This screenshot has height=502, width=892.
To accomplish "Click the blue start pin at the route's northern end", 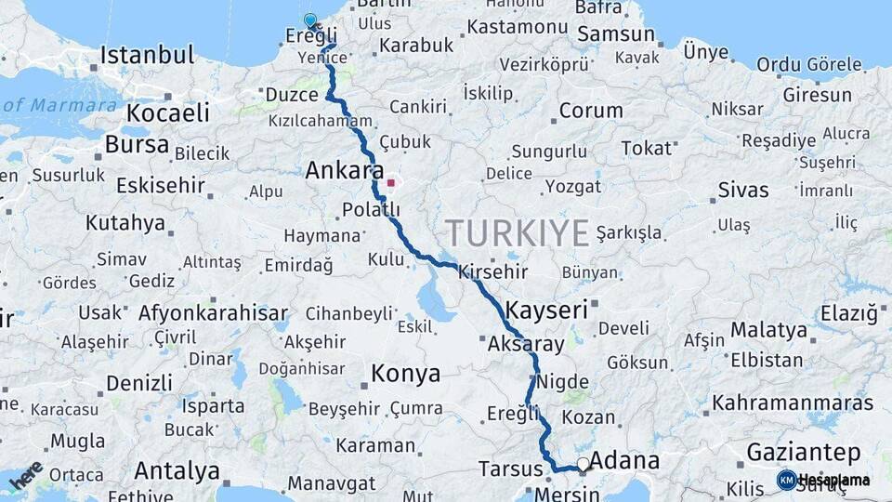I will [x=310, y=20].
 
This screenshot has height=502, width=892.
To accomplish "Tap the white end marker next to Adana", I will [x=583, y=463].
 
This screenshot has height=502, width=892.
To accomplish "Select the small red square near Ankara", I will [x=391, y=183].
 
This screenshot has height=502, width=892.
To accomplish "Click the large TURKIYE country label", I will [x=517, y=232].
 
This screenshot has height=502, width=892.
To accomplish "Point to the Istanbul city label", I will [x=147, y=54].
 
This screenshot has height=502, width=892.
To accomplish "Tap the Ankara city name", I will [x=344, y=171].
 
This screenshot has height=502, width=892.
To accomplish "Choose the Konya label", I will [x=405, y=374].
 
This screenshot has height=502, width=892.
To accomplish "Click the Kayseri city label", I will [x=546, y=310].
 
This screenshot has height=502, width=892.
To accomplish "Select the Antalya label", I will [x=177, y=470].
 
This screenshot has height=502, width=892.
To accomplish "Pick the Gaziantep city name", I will [x=803, y=453].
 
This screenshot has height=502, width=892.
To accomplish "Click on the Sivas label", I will [x=743, y=190].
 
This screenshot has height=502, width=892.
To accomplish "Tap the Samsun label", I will [x=614, y=34].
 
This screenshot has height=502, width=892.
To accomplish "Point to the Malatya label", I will [x=768, y=330].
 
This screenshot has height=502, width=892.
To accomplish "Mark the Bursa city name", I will [x=137, y=145].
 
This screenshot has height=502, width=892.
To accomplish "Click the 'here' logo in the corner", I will [x=25, y=474].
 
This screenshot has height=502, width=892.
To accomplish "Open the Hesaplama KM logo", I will [x=822, y=480].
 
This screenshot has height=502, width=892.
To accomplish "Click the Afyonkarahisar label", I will [x=213, y=312].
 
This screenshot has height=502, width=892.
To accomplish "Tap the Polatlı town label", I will [x=371, y=209].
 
